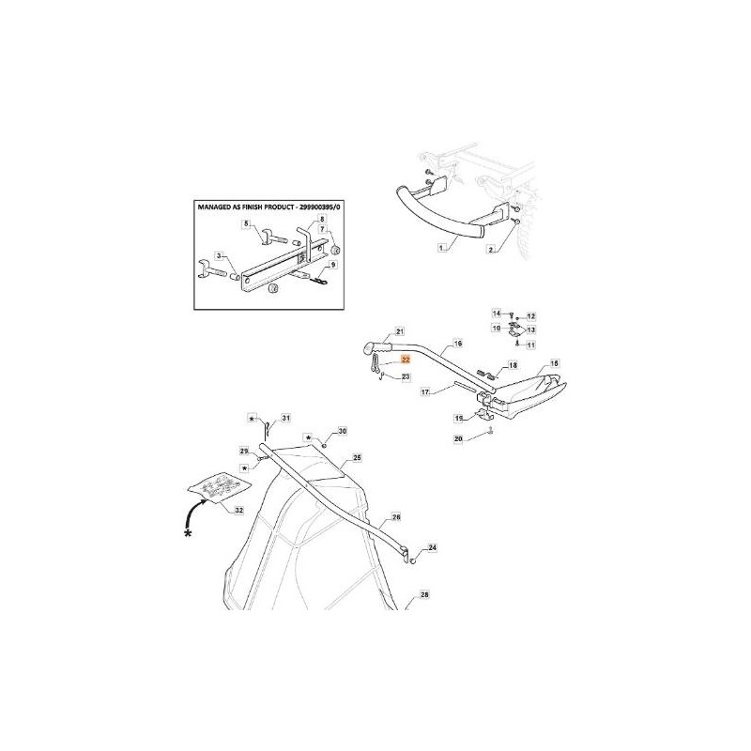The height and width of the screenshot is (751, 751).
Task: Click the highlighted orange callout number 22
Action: [406, 359]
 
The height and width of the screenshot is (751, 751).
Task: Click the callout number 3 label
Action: [219, 255]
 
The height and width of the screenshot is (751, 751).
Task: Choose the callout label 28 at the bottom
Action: [424, 595]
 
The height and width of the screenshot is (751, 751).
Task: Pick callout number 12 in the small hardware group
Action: [530, 316]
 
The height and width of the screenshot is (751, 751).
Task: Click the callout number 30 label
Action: [343, 430]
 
